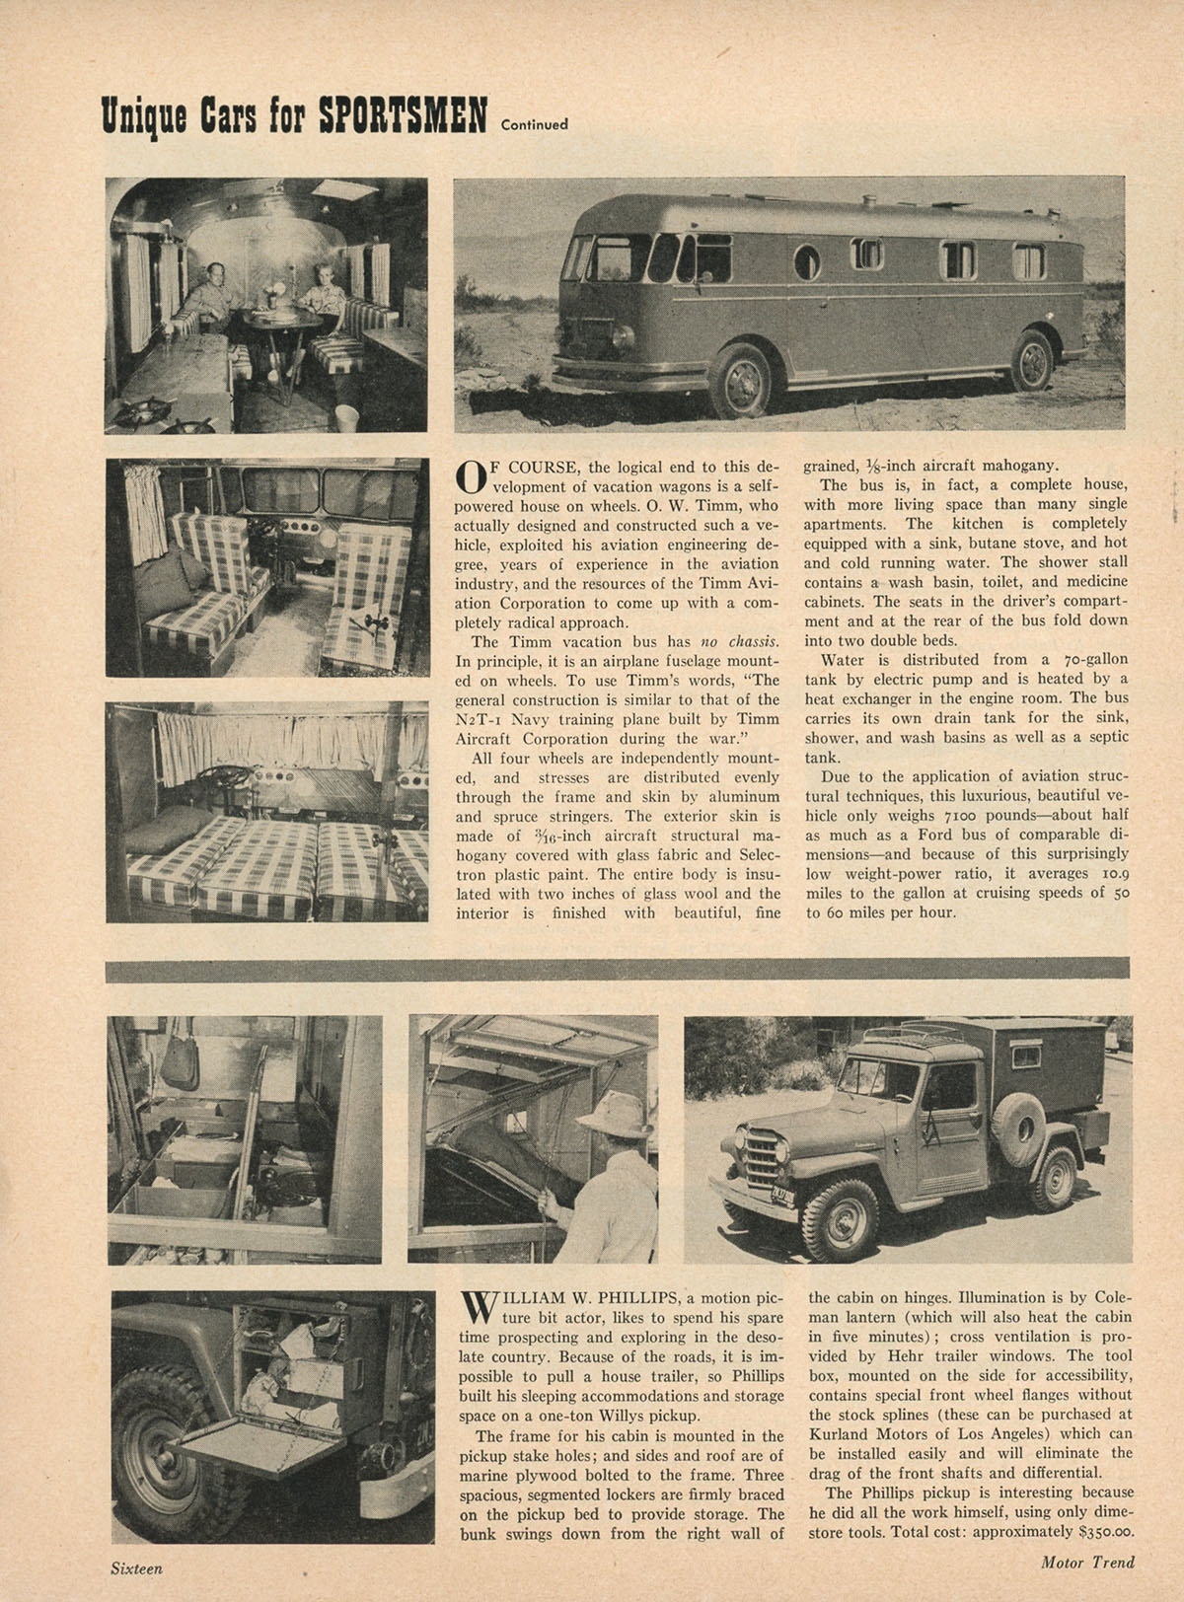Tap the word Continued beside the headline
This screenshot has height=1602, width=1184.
pyautogui.click(x=534, y=124)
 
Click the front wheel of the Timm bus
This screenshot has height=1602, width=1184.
pyautogui.click(x=740, y=382)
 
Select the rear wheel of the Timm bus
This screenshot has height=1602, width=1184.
pyautogui.click(x=1032, y=362)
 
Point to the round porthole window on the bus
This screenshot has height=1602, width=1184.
pyautogui.click(x=806, y=261)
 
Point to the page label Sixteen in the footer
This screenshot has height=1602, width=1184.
pyautogui.click(x=135, y=1567)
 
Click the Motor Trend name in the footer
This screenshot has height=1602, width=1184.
pyautogui.click(x=1087, y=1562)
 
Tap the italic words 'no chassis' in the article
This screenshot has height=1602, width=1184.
pyautogui.click(x=740, y=641)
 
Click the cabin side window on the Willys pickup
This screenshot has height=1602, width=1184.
pyautogui.click(x=1026, y=1057)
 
